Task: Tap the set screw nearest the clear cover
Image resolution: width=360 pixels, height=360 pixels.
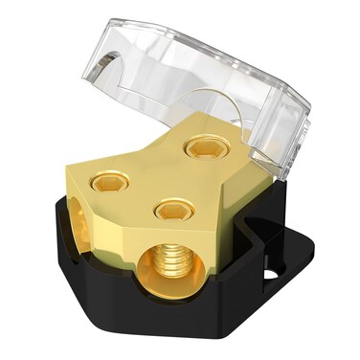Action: [x=204, y=146]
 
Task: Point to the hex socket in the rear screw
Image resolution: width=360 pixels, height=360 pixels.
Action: [x=204, y=147]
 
